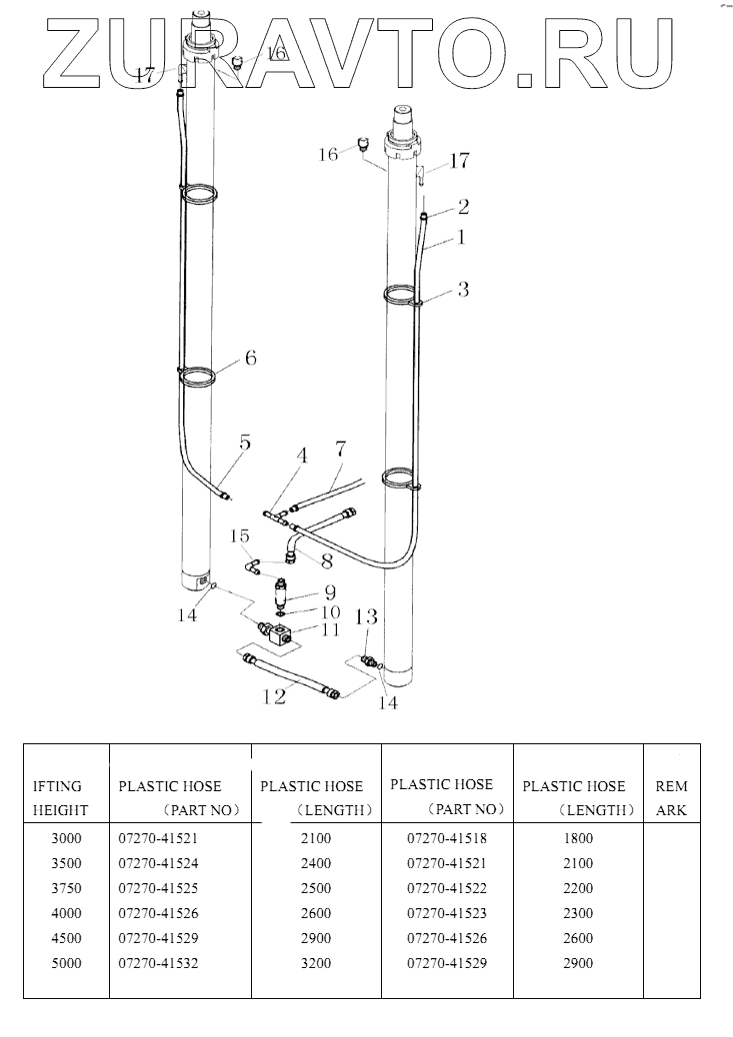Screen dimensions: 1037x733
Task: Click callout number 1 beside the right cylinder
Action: (462, 238)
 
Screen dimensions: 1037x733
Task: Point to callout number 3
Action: (463, 290)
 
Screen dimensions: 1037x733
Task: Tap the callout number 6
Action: (250, 358)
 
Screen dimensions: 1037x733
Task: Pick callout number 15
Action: (239, 535)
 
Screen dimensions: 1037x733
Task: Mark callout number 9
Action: (329, 590)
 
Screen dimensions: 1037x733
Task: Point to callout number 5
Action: (244, 443)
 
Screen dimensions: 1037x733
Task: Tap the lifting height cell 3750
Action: (66, 888)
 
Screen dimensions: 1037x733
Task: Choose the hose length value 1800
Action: (578, 837)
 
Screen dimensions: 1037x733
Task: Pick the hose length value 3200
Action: (315, 963)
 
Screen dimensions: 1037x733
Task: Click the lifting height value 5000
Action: (66, 963)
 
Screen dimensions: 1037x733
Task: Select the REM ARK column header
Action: (671, 798)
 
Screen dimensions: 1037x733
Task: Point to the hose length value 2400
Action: (315, 862)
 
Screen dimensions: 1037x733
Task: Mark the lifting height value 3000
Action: (66, 837)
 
